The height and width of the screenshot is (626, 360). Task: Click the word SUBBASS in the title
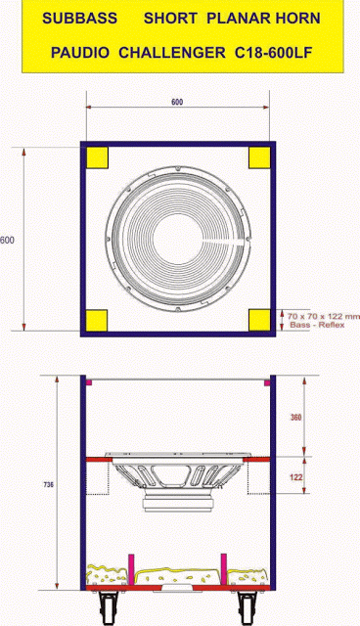[73, 19]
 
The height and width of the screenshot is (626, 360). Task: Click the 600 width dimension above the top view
[177, 102]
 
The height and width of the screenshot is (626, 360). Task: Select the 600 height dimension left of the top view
[7, 241]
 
